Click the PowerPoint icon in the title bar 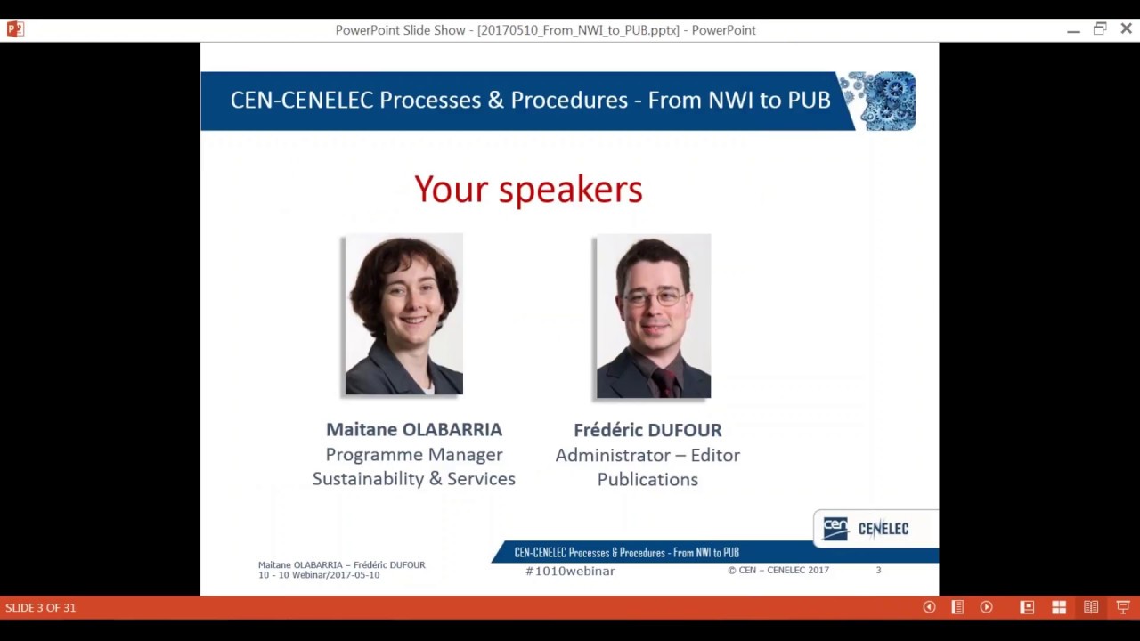point(15,29)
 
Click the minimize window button point(1073,30)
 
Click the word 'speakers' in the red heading point(570,190)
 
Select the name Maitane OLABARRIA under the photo point(413,430)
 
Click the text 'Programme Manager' point(413,455)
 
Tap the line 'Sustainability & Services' point(413,479)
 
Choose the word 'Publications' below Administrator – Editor point(647,480)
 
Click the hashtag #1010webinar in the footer point(570,572)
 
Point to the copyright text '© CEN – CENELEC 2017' point(778,571)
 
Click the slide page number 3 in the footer point(878,570)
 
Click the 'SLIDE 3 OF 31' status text point(41,608)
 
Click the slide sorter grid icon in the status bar point(1059,607)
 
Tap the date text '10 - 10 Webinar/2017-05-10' point(319,575)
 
